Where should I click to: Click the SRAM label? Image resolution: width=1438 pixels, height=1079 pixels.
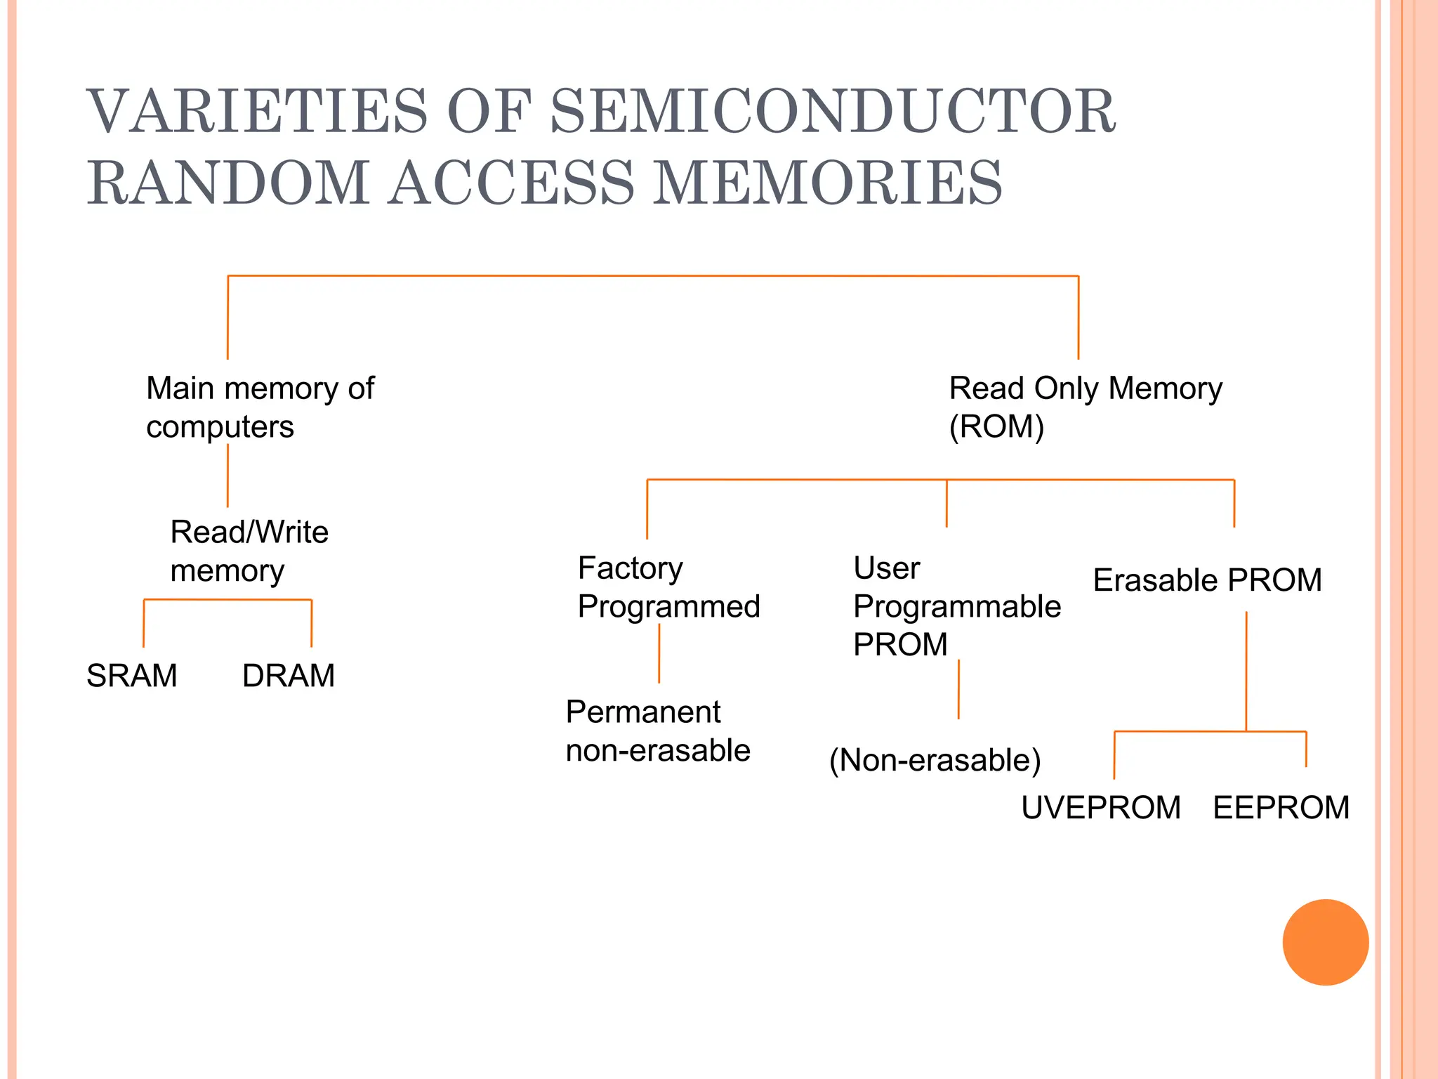point(131,676)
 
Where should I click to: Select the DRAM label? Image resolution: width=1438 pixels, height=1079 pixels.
point(288,676)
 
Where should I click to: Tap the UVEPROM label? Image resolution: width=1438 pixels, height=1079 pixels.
point(1100,807)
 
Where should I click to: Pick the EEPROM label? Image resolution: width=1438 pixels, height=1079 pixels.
point(1281,807)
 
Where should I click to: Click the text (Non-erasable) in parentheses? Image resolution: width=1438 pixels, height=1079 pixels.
point(935,760)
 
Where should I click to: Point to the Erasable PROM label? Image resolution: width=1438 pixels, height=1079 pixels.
point(1207,580)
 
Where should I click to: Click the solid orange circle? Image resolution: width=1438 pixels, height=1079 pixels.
point(1325,942)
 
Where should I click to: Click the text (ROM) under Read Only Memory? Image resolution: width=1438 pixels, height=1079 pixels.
point(996,426)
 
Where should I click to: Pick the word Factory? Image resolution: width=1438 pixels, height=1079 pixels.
point(630,568)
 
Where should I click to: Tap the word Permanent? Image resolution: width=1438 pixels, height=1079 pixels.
point(643,712)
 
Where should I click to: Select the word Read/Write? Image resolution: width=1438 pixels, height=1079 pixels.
point(249,532)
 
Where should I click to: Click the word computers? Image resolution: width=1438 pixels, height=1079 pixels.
point(220,426)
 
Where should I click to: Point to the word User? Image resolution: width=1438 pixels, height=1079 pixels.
point(886,568)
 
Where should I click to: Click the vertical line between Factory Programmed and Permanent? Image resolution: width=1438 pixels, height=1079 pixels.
point(659,653)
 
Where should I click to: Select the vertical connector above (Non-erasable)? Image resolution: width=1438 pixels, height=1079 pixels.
point(958,688)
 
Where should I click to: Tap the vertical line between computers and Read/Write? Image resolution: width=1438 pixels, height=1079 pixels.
point(227,476)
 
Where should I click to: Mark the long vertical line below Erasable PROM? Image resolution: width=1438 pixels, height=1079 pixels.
point(1246,671)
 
